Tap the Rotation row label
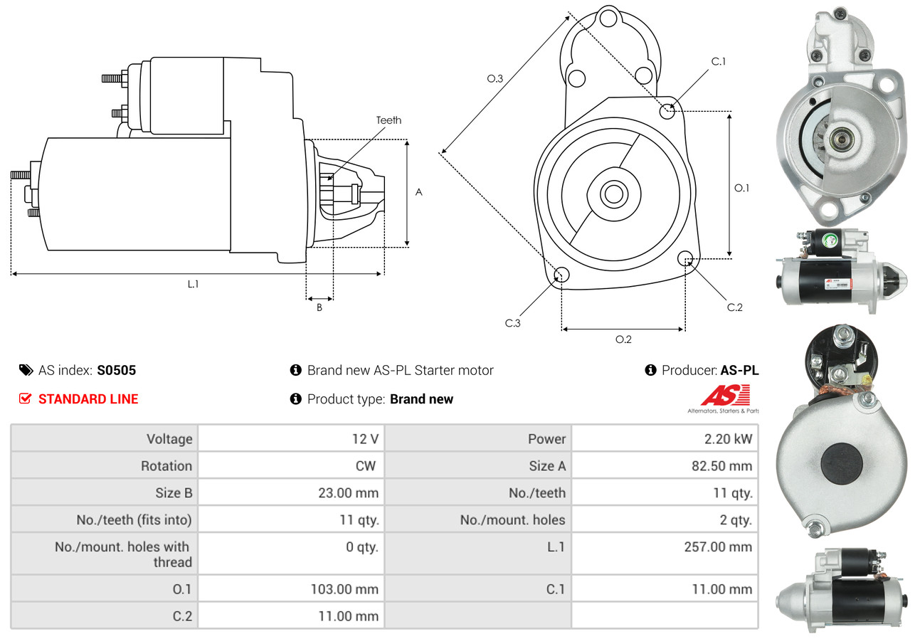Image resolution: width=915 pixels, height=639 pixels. point(166,466)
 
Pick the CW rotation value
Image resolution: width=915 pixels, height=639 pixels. point(366,466)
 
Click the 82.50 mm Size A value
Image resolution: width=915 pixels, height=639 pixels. point(721,466)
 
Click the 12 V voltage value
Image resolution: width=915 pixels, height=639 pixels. point(364,439)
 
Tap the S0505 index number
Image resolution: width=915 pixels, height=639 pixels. point(117,370)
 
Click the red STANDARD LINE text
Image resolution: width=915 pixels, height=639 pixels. point(88,399)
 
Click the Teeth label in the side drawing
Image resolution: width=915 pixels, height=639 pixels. point(388,120)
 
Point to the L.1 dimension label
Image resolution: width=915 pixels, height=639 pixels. point(193,284)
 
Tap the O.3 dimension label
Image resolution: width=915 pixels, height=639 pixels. point(495,79)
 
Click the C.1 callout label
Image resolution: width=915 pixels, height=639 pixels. point(719,61)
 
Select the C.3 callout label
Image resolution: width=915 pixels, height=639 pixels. point(514,323)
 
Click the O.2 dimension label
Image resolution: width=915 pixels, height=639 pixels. point(623,339)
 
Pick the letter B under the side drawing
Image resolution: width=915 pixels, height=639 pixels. point(319,308)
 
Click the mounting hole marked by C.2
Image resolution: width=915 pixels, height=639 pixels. point(686,258)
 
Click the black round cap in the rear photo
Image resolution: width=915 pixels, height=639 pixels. point(842,463)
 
